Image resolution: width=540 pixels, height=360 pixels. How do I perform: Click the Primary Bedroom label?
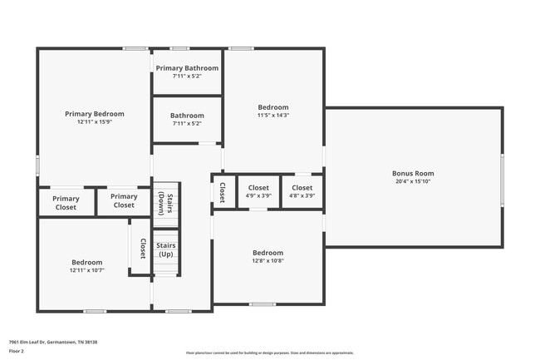coord(95,113)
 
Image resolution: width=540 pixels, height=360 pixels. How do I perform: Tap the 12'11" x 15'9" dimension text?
coord(95,121)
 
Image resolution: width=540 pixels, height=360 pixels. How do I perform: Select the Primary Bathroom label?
coord(187,68)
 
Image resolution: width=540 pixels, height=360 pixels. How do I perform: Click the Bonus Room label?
coord(413,174)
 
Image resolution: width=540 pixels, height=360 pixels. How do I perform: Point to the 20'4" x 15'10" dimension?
coord(413,182)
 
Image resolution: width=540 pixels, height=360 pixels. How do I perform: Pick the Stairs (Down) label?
coord(166,203)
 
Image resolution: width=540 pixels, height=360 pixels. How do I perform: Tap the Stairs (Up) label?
coord(166,249)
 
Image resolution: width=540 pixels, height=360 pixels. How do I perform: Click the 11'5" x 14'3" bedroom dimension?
coord(272,116)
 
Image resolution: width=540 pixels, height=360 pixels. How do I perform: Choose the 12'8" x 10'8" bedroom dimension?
coord(268,261)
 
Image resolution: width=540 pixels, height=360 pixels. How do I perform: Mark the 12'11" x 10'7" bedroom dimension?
coord(86,270)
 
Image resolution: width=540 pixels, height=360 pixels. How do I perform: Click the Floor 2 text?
coord(17,352)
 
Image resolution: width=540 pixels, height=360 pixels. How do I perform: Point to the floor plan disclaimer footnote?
coord(270,353)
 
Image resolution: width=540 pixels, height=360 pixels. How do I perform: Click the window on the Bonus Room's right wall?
coord(502,177)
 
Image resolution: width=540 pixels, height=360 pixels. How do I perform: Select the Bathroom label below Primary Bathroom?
coord(187,116)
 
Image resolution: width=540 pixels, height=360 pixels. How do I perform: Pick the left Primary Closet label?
coord(66,203)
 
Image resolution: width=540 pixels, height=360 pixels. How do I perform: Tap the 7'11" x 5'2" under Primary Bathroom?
coord(187,76)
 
